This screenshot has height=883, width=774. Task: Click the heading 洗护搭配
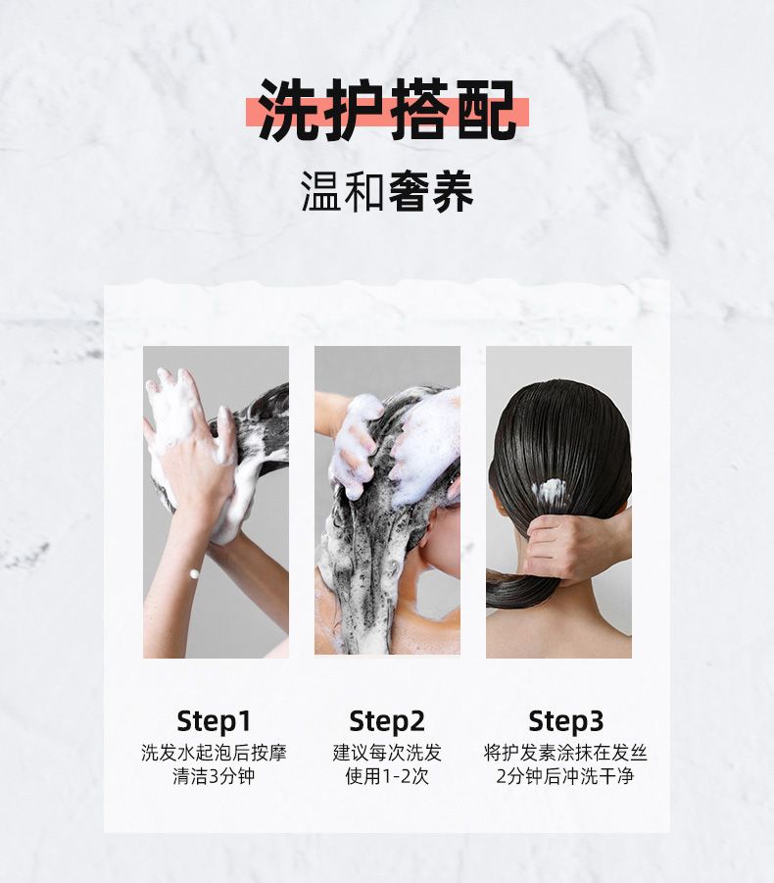click(x=387, y=110)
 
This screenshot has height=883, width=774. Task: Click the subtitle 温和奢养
click(x=387, y=191)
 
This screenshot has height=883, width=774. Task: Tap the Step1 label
click(x=214, y=721)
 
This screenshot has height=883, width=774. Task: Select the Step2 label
click(x=387, y=721)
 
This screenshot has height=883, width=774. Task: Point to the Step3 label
click(x=565, y=721)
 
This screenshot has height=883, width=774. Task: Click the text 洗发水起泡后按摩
click(x=214, y=753)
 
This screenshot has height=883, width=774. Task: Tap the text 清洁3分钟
click(x=214, y=776)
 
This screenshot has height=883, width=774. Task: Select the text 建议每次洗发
click(x=387, y=753)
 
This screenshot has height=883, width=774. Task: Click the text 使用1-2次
click(x=387, y=776)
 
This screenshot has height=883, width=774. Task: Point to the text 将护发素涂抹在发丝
click(x=565, y=753)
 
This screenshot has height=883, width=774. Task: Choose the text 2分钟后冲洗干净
click(x=565, y=776)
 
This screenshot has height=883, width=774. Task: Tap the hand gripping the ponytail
click(x=568, y=546)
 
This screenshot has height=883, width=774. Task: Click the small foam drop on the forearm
click(x=195, y=574)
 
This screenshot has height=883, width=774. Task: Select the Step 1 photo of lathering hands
click(x=216, y=502)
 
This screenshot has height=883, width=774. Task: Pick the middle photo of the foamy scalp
click(x=387, y=501)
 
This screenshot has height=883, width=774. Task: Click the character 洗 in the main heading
click(x=289, y=110)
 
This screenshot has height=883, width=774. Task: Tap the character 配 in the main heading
click(x=486, y=110)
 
